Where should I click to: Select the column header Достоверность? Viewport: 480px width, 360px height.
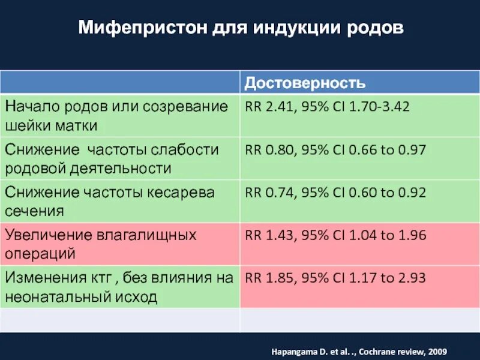click(x=305, y=82)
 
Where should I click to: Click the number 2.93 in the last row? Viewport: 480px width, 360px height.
click(x=410, y=278)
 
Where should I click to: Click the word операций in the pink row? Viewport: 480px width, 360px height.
click(x=40, y=253)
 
